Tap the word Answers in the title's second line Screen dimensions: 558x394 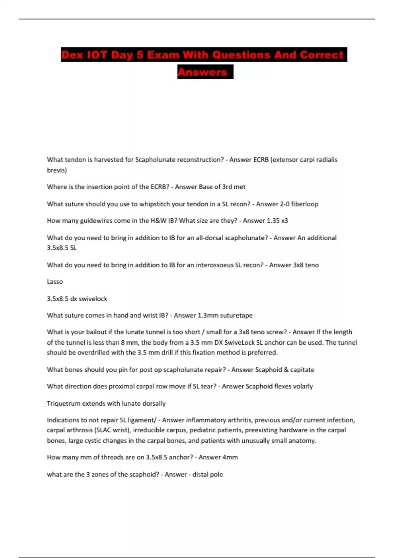point(203,72)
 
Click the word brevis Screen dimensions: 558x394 point(57,170)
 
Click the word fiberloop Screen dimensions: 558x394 point(304,204)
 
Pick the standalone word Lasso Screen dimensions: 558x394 point(55,282)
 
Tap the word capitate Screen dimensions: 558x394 point(302,370)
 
